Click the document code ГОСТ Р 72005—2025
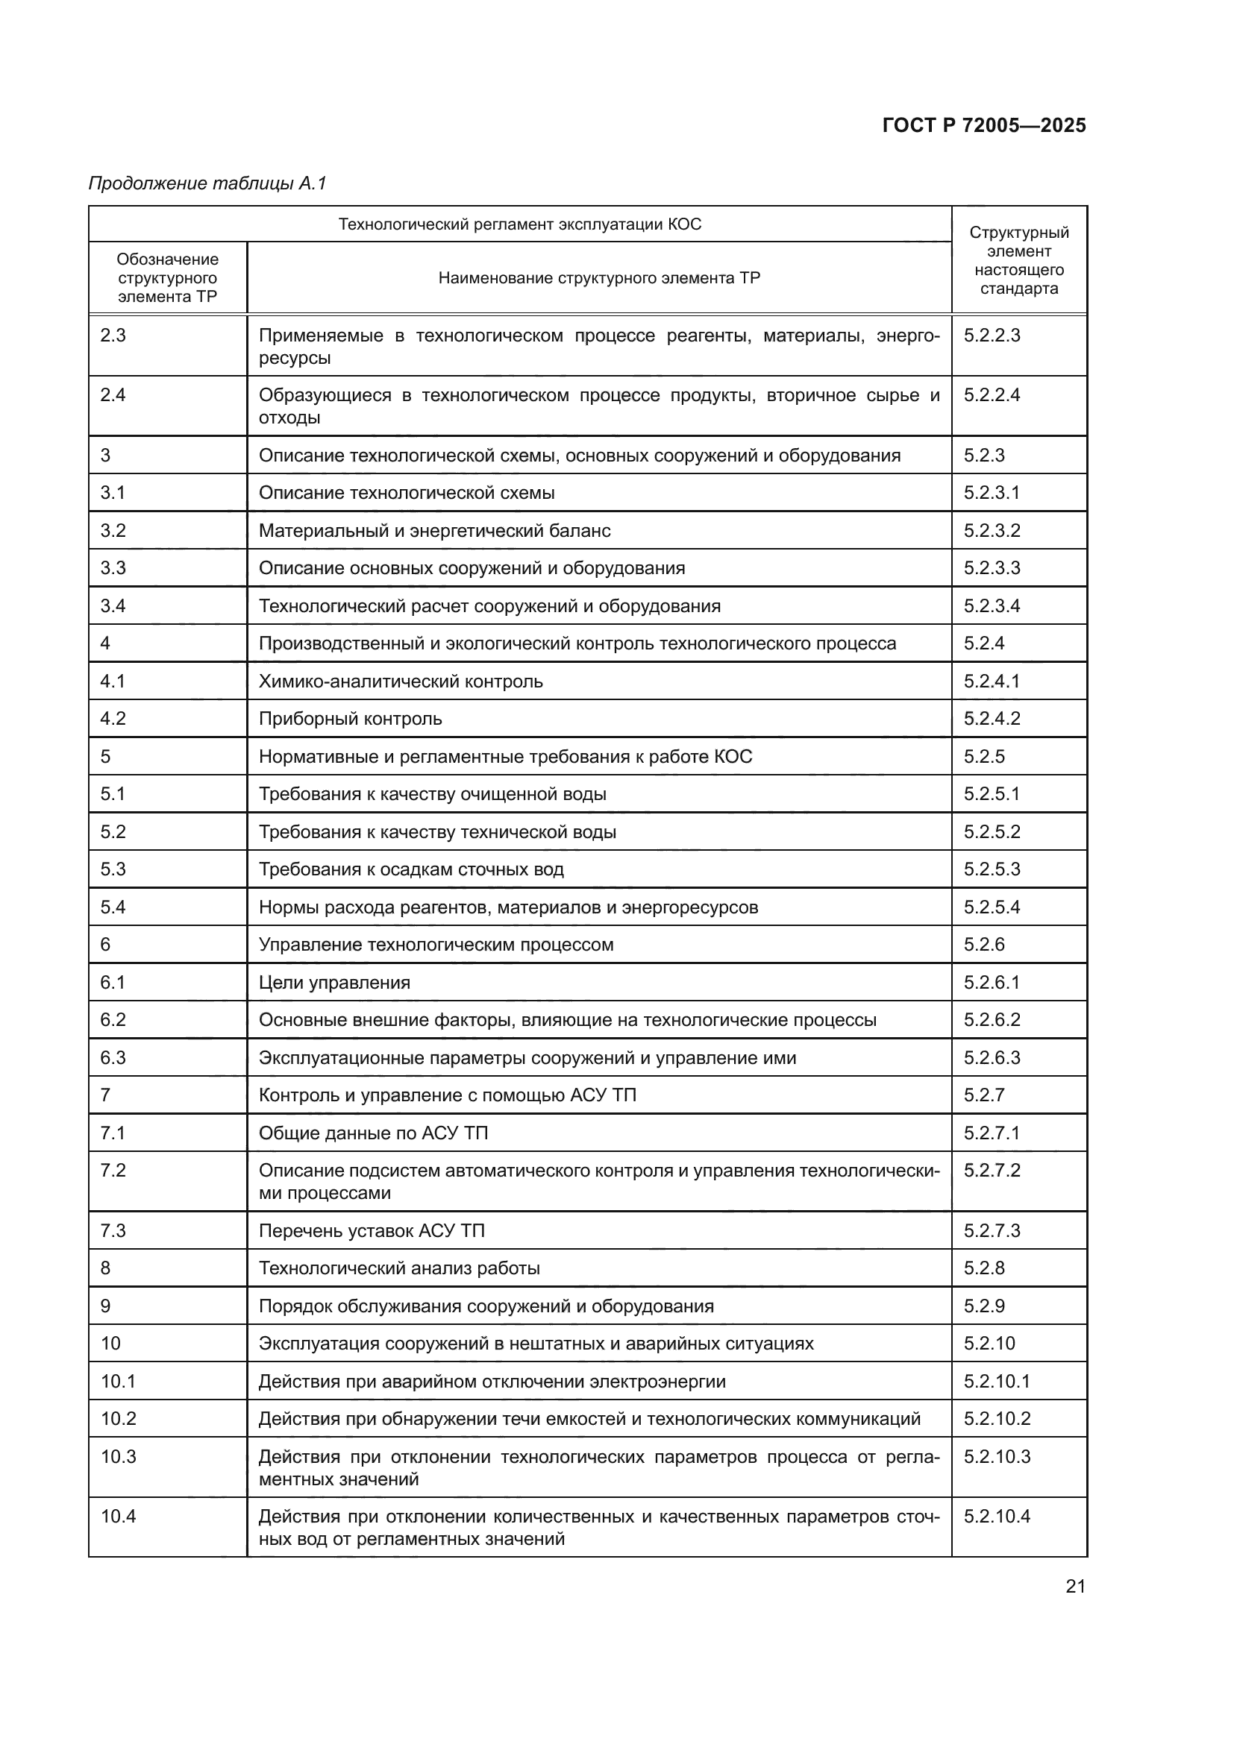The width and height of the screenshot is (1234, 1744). pyautogui.click(x=983, y=125)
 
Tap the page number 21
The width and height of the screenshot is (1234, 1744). pyautogui.click(x=1075, y=1586)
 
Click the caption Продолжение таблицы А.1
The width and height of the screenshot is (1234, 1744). pyautogui.click(x=207, y=183)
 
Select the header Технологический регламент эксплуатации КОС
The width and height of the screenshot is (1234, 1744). pyautogui.click(x=520, y=224)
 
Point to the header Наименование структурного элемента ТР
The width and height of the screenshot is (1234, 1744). pyautogui.click(x=599, y=278)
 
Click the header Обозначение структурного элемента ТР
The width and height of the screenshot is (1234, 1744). pyautogui.click(x=167, y=278)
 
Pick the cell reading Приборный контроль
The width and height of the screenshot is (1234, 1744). pyautogui.click(x=351, y=719)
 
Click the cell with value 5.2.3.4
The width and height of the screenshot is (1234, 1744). pyautogui.click(x=992, y=606)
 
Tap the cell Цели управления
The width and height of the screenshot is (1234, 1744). pyautogui.click(x=334, y=982)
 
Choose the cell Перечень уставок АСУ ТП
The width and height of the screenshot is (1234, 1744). pyautogui.click(x=372, y=1230)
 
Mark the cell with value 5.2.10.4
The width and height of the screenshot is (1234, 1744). pyautogui.click(x=997, y=1516)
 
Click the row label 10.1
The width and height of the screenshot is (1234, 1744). pyautogui.click(x=118, y=1381)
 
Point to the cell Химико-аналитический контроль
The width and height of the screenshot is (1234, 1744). pyautogui.click(x=401, y=681)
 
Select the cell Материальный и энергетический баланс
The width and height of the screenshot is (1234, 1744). pyautogui.click(x=435, y=530)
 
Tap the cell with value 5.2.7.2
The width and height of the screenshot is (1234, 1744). pyautogui.click(x=992, y=1171)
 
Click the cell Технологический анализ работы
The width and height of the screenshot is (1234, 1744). pyautogui.click(x=400, y=1268)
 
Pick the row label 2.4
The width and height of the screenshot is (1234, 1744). pyautogui.click(x=113, y=395)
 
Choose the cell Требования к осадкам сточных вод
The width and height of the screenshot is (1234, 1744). pyautogui.click(x=411, y=869)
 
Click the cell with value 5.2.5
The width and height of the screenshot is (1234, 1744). pyautogui.click(x=984, y=757)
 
